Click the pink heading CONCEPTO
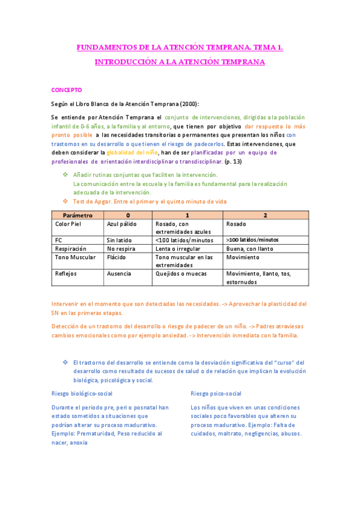66,90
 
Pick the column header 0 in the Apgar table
127,215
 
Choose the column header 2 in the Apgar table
266,215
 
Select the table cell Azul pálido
121,224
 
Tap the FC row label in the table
59,240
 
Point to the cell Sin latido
119,240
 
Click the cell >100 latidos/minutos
252,240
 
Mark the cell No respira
120,248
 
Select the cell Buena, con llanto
249,248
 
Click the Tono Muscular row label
75,257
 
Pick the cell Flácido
117,257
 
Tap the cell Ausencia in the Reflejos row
119,274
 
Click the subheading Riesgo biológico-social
83,393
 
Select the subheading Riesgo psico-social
216,393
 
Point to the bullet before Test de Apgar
66,201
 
